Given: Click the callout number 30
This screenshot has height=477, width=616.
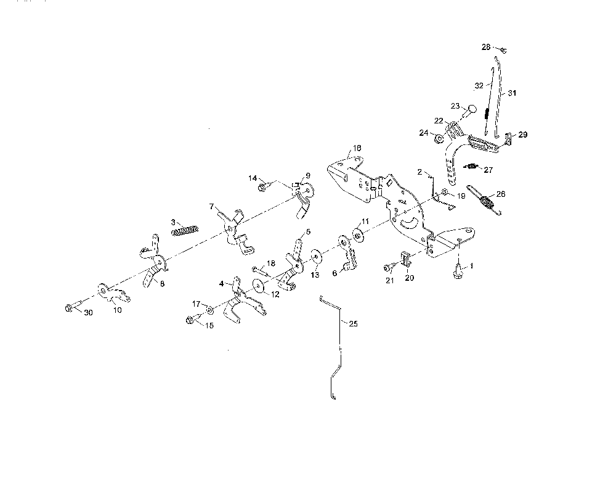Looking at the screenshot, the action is pos(88,312).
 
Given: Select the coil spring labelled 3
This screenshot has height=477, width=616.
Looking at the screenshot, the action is pos(185,230).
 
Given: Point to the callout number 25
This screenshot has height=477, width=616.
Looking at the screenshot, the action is pos(353,323).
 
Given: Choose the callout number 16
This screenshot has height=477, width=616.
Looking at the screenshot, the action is pos(357,148).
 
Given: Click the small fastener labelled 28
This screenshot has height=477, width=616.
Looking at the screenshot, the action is pos(503,50).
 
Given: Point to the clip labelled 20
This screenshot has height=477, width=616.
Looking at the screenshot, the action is pos(405,258).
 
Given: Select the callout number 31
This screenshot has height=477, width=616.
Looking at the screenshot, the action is pos(512,93).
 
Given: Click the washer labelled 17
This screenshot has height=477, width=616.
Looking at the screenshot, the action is pos(210,310).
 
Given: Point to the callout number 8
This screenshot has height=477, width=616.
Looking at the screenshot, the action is pos(162,284).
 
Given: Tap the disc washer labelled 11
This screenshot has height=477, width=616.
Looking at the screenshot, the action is pos(358,234).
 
